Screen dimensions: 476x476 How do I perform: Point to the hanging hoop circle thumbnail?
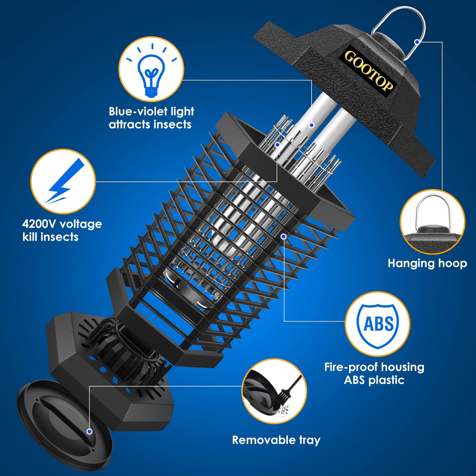point(433,222)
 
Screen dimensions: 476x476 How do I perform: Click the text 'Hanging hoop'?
point(427,263)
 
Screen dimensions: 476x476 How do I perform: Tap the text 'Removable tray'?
point(276,440)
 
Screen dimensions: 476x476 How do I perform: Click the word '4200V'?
point(39,224)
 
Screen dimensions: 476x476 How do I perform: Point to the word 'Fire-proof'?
point(349,367)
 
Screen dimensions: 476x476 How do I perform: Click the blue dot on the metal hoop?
point(417,42)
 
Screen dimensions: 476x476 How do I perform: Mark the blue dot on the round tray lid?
point(89,432)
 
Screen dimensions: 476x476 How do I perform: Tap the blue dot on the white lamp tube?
point(311,125)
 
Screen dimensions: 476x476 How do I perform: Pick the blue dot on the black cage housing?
point(284,236)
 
